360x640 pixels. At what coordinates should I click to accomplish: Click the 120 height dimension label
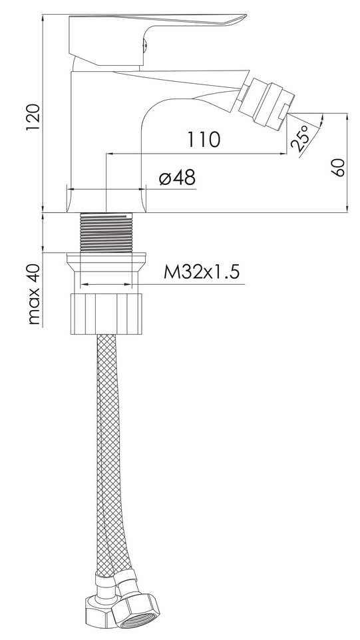[33, 118]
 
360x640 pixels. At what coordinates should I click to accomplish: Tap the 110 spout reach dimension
[204, 140]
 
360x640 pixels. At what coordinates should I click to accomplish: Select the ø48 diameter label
[177, 178]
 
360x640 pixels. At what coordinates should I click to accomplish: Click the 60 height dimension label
[338, 168]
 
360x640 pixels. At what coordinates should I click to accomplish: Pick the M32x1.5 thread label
[201, 272]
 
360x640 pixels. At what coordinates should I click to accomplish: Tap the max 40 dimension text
[35, 294]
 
